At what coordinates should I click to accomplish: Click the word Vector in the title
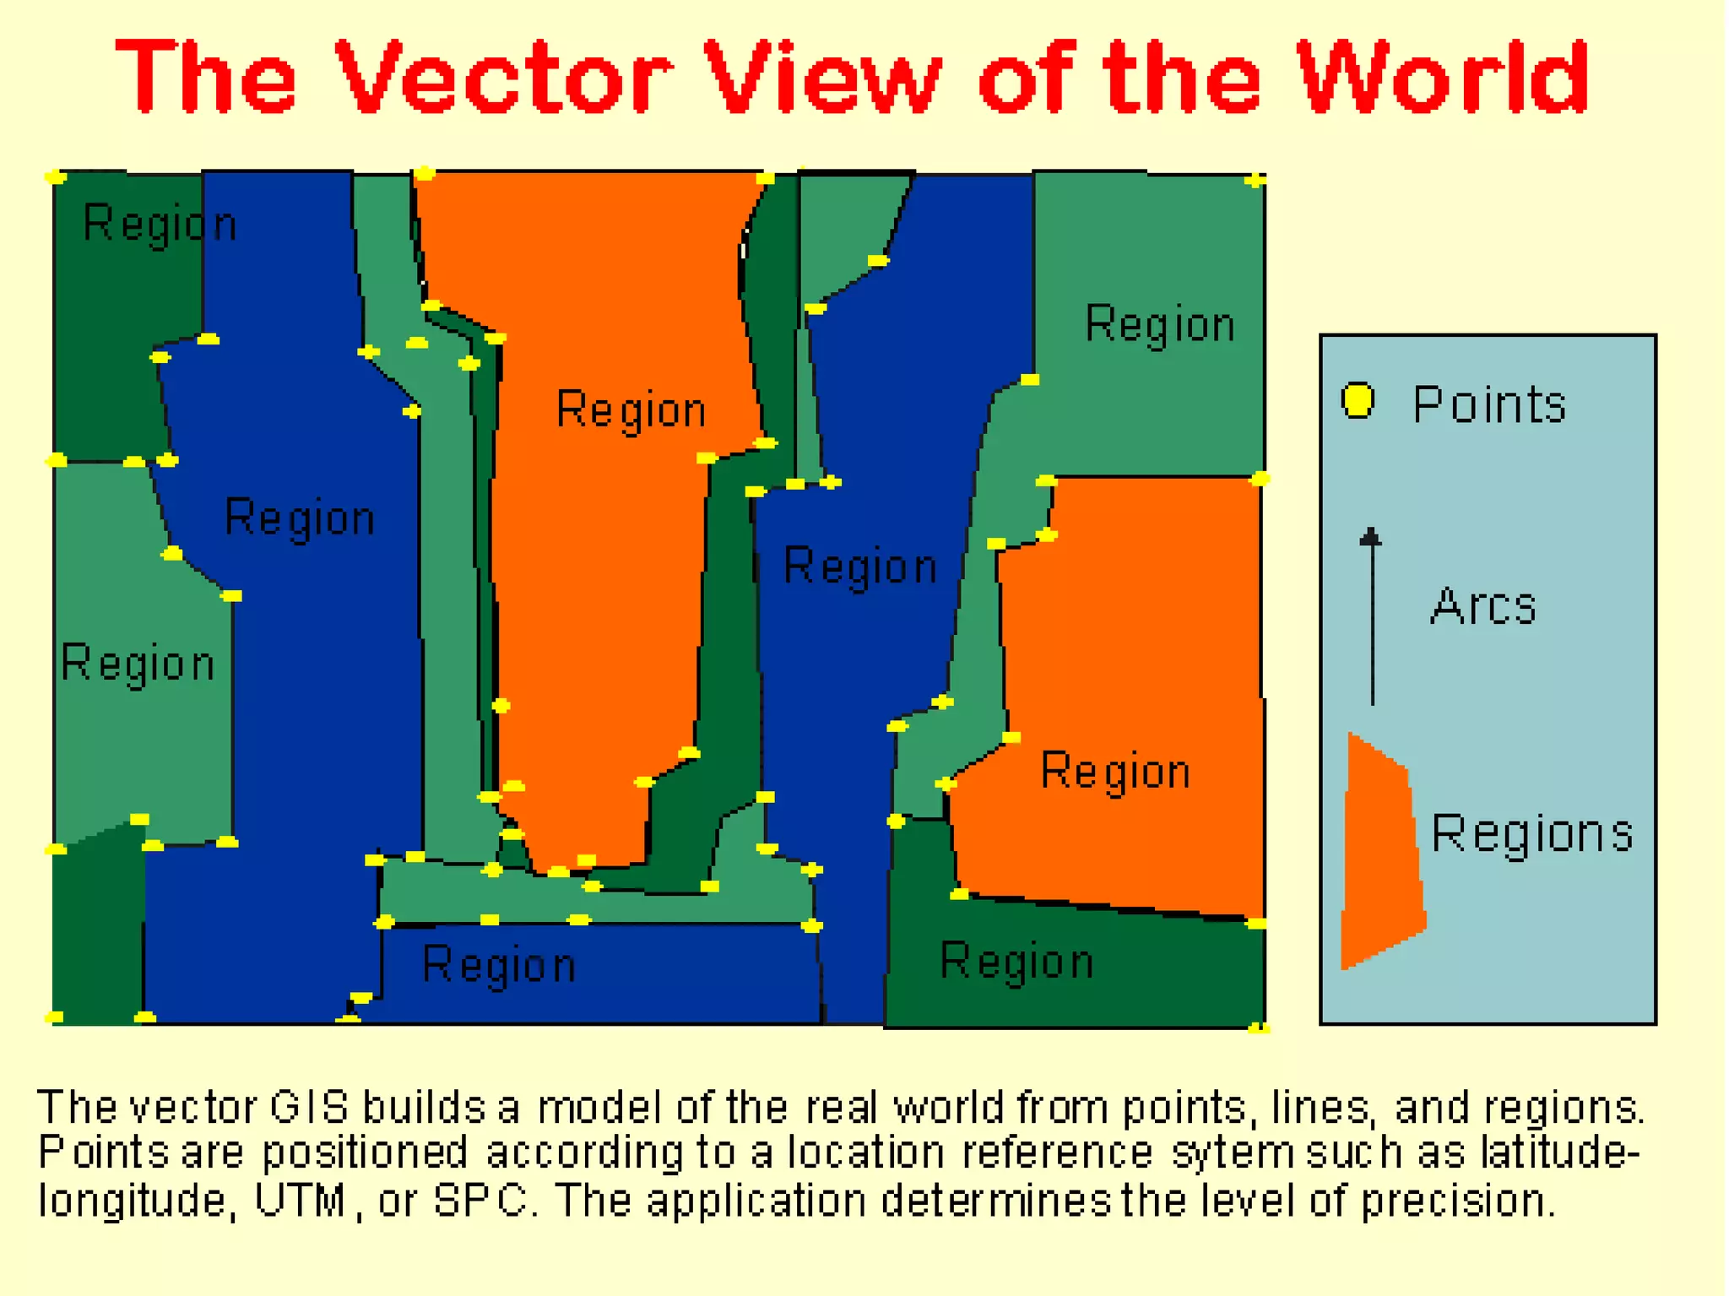click(x=504, y=78)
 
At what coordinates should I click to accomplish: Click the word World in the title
click(x=1443, y=78)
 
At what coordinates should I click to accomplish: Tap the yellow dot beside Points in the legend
click(x=1358, y=400)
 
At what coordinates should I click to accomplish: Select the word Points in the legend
click(x=1489, y=404)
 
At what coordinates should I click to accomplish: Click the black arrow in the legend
click(x=1372, y=616)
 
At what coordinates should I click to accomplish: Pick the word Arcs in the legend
click(x=1483, y=606)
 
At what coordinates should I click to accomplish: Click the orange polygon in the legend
click(x=1381, y=853)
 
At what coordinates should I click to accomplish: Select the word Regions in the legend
click(x=1531, y=834)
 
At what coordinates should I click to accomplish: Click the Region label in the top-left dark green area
click(x=160, y=225)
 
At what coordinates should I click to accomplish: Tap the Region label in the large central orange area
click(x=631, y=410)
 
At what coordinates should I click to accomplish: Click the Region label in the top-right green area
click(x=1159, y=324)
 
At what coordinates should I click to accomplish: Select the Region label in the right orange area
click(x=1114, y=772)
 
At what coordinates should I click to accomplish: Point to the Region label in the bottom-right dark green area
click(x=1016, y=962)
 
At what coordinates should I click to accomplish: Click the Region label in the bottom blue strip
click(x=499, y=965)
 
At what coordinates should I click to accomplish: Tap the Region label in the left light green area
click(x=138, y=664)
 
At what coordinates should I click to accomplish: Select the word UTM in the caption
click(x=300, y=1200)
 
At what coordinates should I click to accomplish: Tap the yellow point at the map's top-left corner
click(x=56, y=176)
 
